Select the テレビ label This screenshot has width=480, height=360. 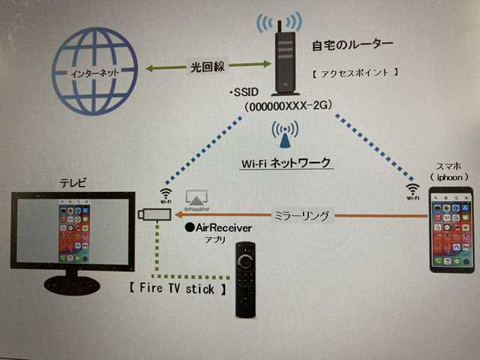click(x=73, y=183)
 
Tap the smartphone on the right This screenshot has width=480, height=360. click(x=451, y=229)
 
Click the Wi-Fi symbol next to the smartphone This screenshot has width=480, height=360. click(x=412, y=191)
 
